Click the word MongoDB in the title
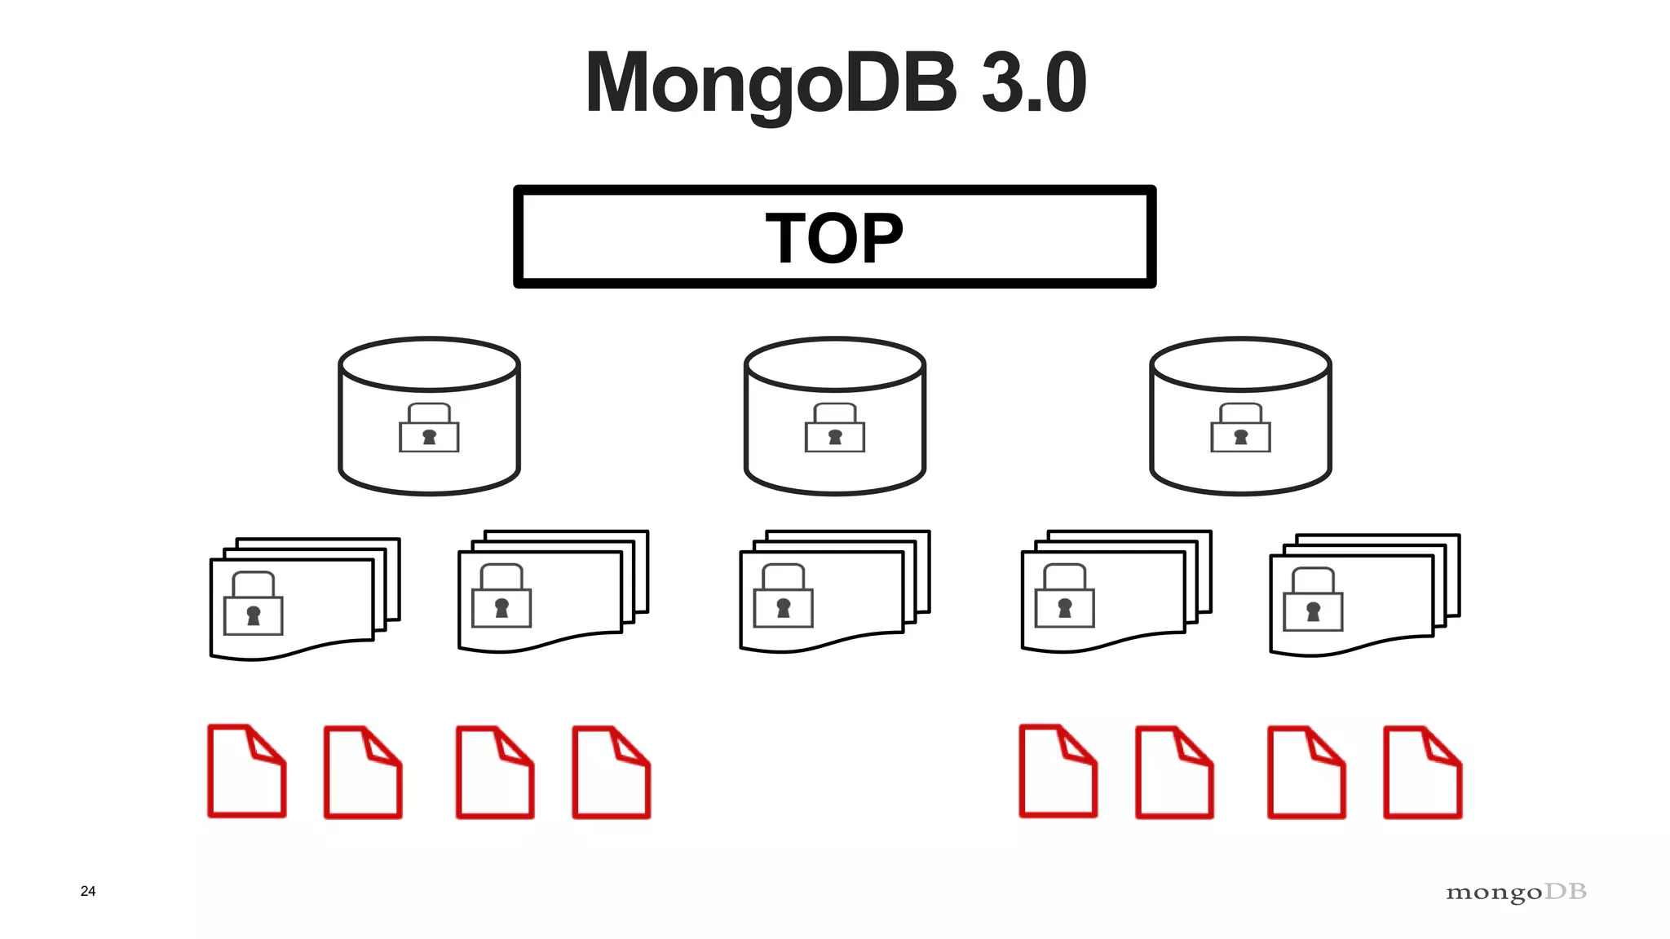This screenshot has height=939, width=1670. (771, 84)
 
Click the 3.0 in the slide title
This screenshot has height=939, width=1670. (1033, 82)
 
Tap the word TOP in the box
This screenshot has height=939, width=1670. (834, 238)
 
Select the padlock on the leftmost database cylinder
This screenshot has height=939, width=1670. (429, 429)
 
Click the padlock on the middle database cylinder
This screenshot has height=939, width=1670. (834, 429)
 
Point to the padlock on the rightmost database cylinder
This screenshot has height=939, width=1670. (1240, 429)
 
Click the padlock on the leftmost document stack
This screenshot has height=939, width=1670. (253, 605)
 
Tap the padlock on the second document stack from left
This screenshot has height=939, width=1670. (501, 597)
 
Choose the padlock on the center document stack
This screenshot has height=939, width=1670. (783, 597)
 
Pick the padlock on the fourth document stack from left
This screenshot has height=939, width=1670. (1064, 597)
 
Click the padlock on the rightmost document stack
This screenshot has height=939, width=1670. (1313, 601)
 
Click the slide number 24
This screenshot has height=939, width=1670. (88, 891)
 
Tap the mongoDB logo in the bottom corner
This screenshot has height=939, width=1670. (1516, 893)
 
